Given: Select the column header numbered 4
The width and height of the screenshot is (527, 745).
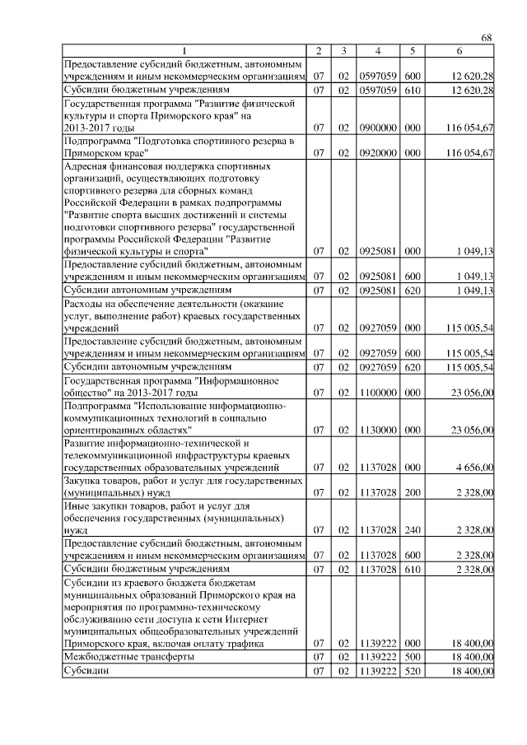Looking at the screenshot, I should (x=377, y=52).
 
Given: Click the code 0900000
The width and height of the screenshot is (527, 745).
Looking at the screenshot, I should (x=377, y=129).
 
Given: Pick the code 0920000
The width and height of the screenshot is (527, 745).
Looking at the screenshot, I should (x=377, y=153).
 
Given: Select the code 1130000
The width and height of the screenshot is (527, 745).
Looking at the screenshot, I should (x=377, y=430).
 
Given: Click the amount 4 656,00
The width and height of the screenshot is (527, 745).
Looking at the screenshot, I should (x=473, y=467).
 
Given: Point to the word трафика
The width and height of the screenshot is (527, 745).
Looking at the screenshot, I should (x=240, y=643).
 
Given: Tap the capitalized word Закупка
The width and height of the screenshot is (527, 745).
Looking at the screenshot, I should (x=85, y=479).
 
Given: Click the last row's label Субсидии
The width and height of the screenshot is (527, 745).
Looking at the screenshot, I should (x=86, y=671).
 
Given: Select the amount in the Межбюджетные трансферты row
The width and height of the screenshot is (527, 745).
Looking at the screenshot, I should (x=471, y=657).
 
